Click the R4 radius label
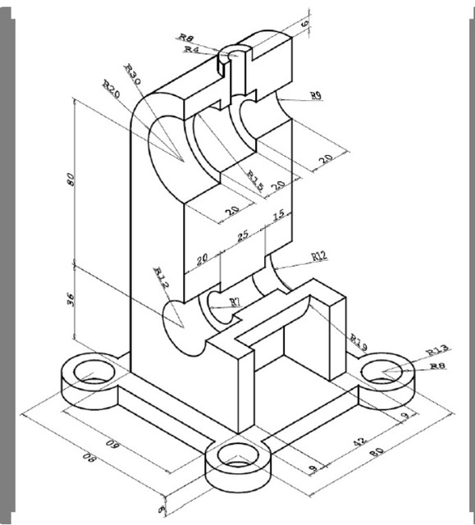[x=191, y=49]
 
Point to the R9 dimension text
[x=316, y=96]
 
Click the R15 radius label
[x=255, y=180]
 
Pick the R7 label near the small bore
[x=235, y=303]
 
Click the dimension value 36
[x=71, y=300]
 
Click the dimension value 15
[x=278, y=216]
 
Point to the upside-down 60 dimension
[x=115, y=447]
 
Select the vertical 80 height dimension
[x=71, y=180]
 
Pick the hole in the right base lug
[x=384, y=374]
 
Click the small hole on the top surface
[x=235, y=56]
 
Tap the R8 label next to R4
[x=186, y=37]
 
